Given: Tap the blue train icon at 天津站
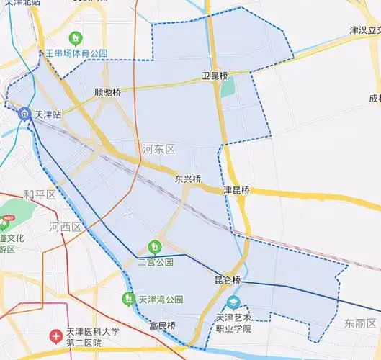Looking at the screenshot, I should point(24,114).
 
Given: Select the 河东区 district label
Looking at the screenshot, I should point(158,149).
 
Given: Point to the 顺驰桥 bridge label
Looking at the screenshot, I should point(108,92).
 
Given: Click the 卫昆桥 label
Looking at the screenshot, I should point(215,76).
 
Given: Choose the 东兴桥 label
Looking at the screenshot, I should point(188,179).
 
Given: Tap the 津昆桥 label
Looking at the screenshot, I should point(236,190).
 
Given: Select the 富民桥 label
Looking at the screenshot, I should point(162,325).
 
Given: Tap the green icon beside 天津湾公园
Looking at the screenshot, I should point(130,297).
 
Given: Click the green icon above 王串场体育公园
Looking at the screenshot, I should point(75,37).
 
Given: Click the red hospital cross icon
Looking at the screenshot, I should point(55,336).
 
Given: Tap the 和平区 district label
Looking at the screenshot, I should point(39,194).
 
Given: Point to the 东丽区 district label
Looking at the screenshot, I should point(359,323).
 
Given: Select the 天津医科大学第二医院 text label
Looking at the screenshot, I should point(92,337).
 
